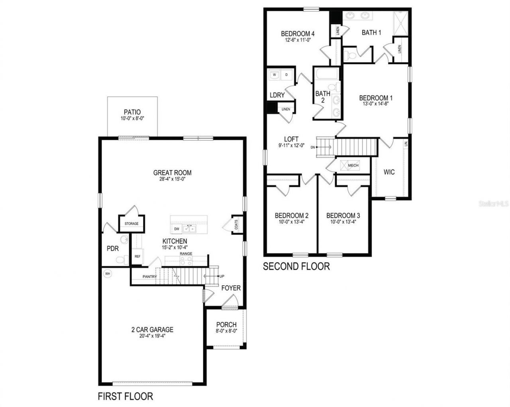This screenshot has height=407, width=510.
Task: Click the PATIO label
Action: [x=132, y=112]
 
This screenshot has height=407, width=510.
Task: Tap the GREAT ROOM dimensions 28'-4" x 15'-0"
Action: [x=172, y=179]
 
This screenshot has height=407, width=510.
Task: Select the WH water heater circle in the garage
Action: [x=107, y=274]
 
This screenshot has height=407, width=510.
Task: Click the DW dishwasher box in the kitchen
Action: [x=177, y=229]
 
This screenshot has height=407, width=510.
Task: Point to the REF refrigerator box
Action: [x=137, y=257]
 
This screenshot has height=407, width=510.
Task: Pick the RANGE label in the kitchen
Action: [x=186, y=254]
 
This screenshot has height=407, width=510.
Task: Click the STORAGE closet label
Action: [x=131, y=224]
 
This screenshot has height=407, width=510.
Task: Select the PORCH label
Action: [x=226, y=325]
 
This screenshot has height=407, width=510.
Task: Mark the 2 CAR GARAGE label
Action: [x=152, y=329]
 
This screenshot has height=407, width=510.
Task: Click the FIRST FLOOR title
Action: [x=125, y=396]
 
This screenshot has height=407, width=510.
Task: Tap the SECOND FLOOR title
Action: [x=296, y=266]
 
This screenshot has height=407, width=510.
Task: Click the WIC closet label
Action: [x=389, y=172]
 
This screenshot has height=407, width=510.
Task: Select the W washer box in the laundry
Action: [x=274, y=74]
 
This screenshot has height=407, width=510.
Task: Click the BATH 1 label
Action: [x=371, y=33]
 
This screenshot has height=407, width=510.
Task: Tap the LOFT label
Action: [x=291, y=139]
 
